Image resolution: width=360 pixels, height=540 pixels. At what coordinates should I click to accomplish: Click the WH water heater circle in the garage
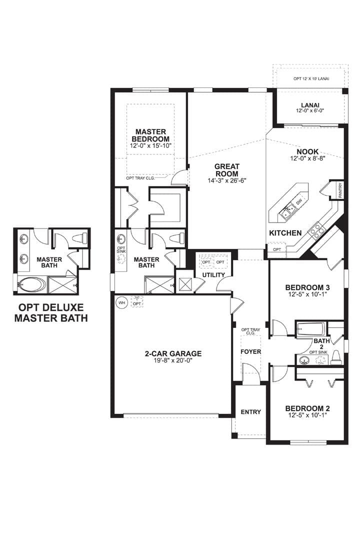point(121,302)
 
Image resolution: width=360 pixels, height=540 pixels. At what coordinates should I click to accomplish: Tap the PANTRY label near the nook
point(340,190)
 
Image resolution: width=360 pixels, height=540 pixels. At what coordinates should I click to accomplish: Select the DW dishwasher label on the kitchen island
point(299,201)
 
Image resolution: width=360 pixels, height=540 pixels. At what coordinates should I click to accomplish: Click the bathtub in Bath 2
point(310,329)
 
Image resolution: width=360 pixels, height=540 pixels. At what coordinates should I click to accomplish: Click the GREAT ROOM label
point(227,170)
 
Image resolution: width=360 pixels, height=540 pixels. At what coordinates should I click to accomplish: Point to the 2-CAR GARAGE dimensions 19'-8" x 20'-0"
point(173,360)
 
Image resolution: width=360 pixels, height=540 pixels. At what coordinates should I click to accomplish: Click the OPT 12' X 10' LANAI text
point(311,79)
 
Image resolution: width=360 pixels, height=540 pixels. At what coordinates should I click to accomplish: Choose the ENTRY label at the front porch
point(251,412)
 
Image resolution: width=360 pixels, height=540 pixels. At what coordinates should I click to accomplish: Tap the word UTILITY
point(213,275)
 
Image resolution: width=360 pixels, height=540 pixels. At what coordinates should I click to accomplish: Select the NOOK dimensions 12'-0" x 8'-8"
point(307,158)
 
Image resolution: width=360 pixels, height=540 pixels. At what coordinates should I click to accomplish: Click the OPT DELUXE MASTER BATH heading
point(51,312)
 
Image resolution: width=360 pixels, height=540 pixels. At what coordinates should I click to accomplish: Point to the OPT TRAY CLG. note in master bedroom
point(140,178)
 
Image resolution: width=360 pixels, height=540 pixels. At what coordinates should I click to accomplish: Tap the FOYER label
point(251,351)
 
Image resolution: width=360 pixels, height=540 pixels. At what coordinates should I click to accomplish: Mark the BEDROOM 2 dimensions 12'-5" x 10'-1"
point(307,415)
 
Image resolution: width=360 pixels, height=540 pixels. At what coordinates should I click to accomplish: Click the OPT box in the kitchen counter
point(277,249)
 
